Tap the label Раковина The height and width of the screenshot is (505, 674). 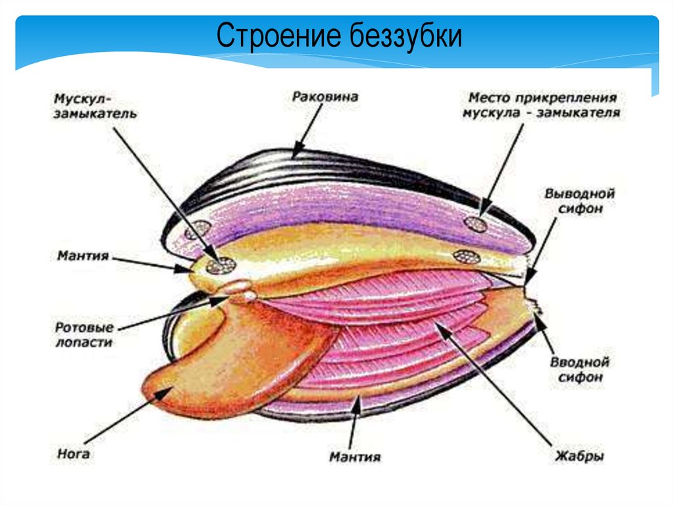(324, 97)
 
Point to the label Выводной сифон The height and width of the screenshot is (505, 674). (579, 201)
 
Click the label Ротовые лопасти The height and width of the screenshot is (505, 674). (84, 334)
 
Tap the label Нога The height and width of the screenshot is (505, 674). (73, 454)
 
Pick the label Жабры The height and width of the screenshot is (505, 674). (579, 456)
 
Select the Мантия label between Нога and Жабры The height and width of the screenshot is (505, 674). (355, 456)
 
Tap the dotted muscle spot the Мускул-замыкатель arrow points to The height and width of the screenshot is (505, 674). (220, 265)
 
